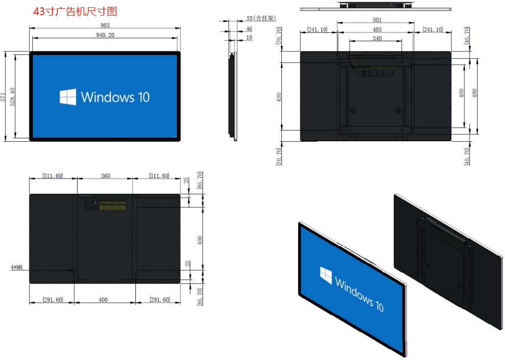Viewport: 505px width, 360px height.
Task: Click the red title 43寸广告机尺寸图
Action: pos(75,11)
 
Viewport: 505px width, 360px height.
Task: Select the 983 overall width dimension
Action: pos(105,25)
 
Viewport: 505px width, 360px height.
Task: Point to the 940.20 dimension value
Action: pos(105,35)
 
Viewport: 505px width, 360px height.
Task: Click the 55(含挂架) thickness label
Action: pos(261,18)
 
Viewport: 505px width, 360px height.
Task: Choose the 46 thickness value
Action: pos(250,29)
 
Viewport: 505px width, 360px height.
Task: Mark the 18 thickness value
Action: pos(249,38)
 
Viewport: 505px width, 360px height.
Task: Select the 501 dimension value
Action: pos(377,21)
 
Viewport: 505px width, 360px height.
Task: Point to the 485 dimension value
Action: pos(377,29)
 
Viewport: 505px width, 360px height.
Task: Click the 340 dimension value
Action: pos(377,38)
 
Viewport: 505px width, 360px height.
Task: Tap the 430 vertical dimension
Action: pos(279,97)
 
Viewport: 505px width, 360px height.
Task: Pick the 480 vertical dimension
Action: pos(474,93)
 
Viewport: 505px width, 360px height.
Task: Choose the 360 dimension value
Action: pos(105,176)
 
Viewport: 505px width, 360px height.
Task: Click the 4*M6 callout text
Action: pos(18,268)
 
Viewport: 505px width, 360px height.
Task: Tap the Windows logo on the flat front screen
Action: pos(68,97)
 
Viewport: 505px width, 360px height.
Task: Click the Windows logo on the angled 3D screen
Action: pos(326,274)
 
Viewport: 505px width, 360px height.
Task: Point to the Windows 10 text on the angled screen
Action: pos(359,293)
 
